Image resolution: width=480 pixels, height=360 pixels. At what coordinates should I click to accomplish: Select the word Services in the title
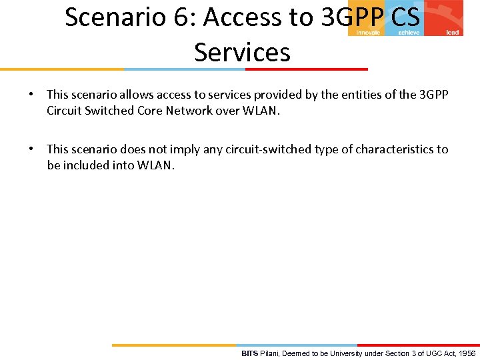click(242, 51)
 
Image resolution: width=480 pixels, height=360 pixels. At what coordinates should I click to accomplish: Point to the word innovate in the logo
click(368, 33)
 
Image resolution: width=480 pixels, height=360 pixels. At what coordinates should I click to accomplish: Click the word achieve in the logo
click(409, 33)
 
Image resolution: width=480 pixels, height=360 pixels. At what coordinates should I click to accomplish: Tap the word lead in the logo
click(453, 33)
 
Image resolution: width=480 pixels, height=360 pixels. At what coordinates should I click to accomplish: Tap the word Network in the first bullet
click(190, 111)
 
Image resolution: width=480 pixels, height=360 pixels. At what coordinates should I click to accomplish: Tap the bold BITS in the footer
click(249, 353)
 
